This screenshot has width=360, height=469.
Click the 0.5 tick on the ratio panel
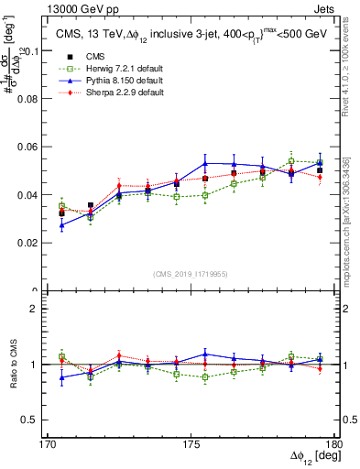[38, 420]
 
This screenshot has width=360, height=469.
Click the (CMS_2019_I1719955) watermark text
[191, 273]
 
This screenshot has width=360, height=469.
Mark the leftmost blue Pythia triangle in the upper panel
[61, 225]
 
